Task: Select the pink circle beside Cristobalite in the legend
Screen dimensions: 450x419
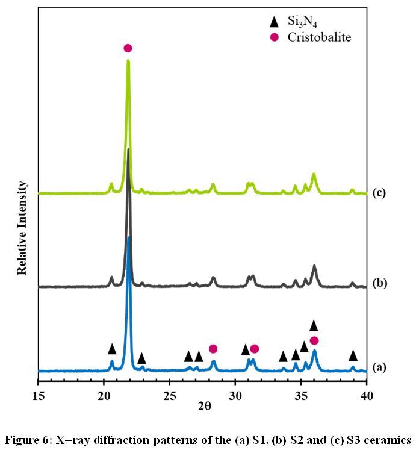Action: tap(275, 37)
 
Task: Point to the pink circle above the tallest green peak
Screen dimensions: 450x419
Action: tap(128, 48)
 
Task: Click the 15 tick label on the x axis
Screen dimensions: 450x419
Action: tap(38, 396)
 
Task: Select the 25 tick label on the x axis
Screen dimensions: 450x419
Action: tap(169, 396)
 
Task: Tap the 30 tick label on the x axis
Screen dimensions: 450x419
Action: tap(235, 396)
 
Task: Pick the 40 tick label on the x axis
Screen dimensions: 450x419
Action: tap(367, 396)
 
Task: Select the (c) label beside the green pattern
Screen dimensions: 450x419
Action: tap(379, 193)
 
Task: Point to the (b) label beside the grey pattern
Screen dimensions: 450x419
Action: tap(379, 283)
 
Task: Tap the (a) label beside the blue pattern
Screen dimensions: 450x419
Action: tap(379, 366)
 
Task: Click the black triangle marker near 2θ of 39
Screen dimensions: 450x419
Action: tap(353, 356)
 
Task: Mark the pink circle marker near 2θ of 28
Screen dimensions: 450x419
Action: tap(213, 349)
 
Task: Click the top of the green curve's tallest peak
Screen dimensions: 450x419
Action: tap(128, 60)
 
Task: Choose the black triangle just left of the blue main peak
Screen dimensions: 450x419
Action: tap(112, 349)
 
